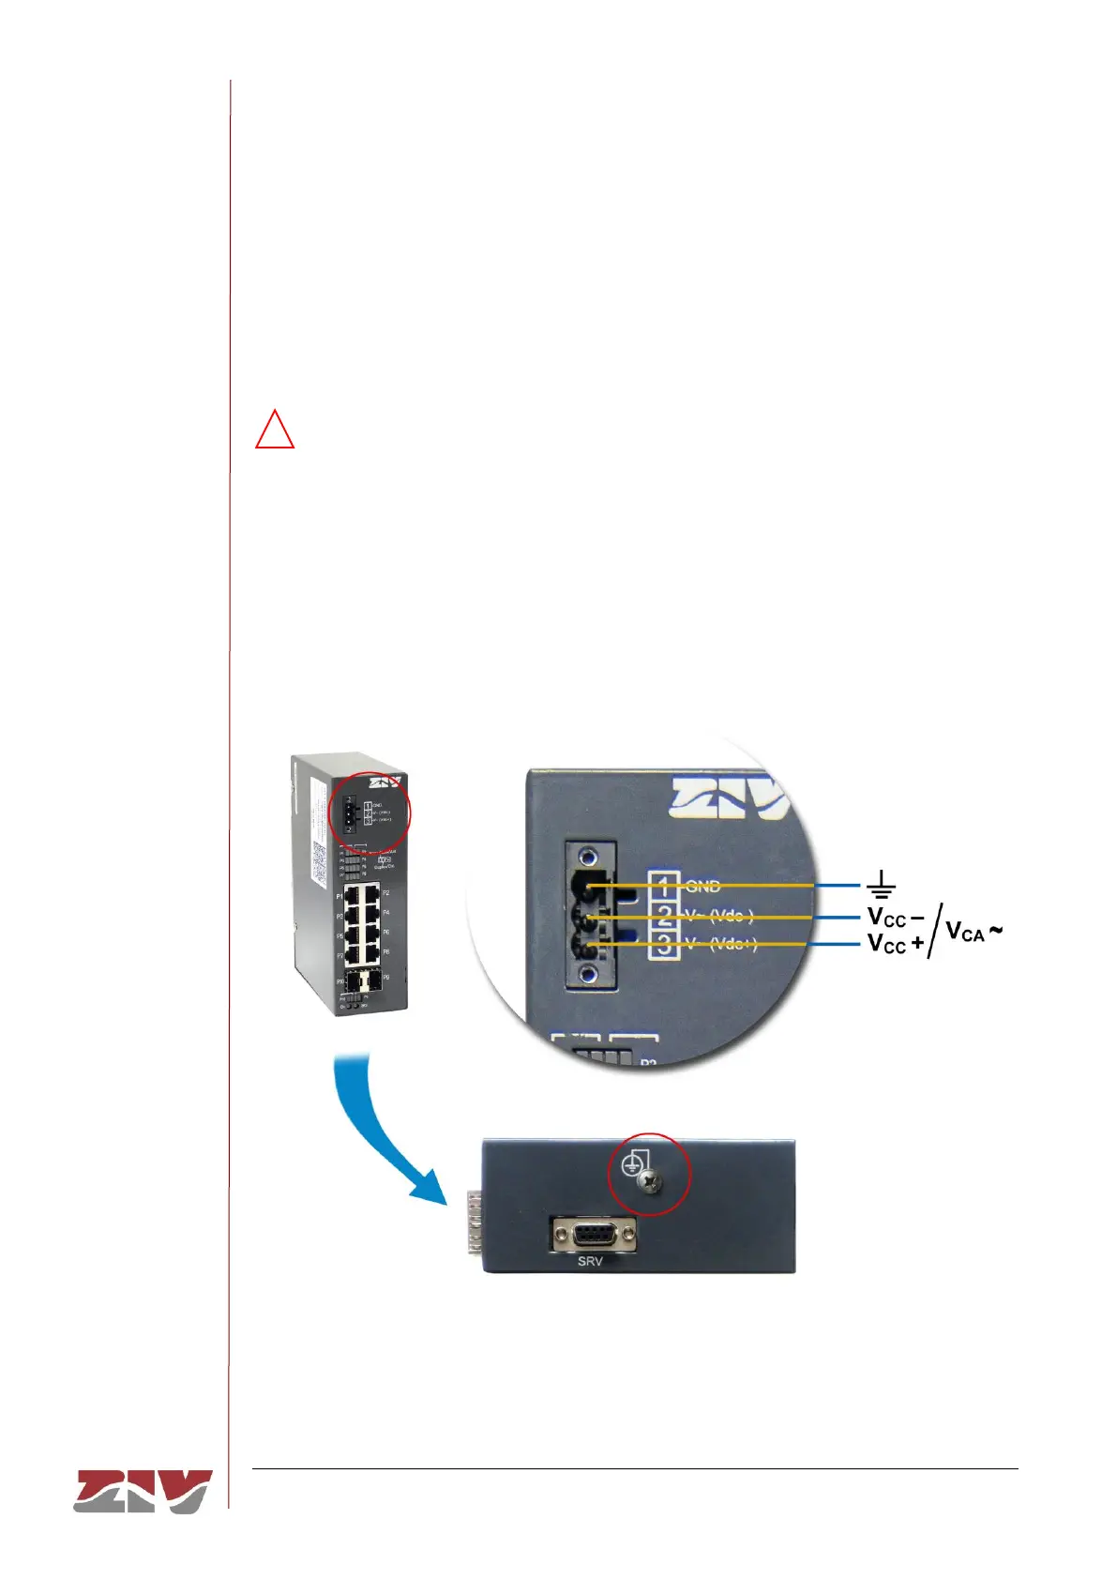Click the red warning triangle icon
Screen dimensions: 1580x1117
(x=275, y=431)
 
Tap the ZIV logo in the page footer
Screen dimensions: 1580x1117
(x=143, y=1491)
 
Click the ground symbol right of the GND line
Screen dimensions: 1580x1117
(x=881, y=884)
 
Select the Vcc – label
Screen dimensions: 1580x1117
(x=895, y=917)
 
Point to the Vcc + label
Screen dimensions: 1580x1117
(x=895, y=943)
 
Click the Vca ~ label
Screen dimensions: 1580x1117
(x=974, y=931)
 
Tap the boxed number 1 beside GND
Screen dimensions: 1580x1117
(x=665, y=885)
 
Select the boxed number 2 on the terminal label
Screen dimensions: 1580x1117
(x=665, y=915)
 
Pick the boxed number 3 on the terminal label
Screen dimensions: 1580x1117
(x=665, y=945)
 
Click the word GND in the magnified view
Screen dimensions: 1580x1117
(x=703, y=886)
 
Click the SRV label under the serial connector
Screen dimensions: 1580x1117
(x=590, y=1261)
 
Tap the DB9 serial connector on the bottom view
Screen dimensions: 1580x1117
(x=593, y=1233)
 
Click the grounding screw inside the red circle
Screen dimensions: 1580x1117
(x=647, y=1186)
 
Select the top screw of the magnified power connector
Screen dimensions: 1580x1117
(x=589, y=857)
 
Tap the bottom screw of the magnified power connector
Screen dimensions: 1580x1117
(x=589, y=976)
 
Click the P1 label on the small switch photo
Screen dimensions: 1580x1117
(x=339, y=897)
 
